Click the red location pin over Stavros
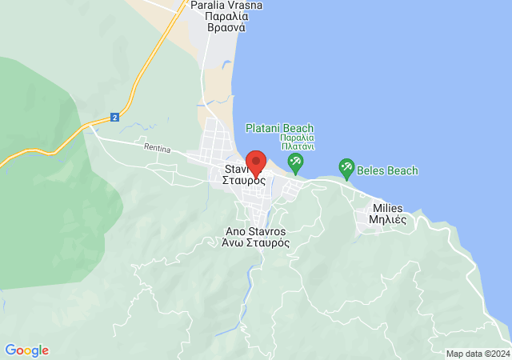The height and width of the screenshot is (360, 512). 255,162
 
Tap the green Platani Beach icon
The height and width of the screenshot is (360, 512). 295,164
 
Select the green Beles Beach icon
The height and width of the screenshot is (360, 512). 346,168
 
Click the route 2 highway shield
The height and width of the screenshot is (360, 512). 115,117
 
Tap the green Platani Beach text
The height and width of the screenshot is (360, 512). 279,128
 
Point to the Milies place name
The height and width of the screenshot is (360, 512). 388,208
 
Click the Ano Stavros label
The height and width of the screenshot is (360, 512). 256,231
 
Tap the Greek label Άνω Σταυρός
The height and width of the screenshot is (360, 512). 256,242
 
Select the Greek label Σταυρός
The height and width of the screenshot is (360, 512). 244,181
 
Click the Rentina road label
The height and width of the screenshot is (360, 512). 158,147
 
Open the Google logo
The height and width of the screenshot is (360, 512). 26,350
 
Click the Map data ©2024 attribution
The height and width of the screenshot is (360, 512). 477,354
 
